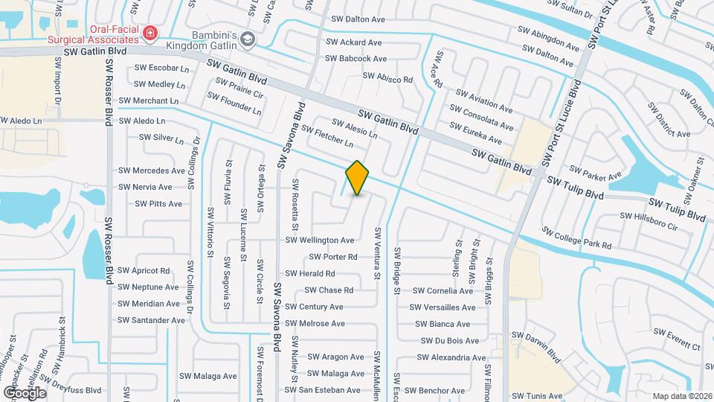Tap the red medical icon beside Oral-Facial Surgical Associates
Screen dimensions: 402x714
point(151,33)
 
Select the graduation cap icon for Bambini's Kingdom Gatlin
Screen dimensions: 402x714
point(247,39)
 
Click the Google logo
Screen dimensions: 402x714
point(24,392)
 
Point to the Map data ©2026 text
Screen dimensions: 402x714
point(682,396)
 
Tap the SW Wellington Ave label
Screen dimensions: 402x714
point(320,240)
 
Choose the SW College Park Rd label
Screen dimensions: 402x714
point(576,238)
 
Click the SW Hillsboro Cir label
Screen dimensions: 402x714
point(648,220)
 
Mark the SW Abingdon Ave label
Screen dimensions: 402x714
point(549,40)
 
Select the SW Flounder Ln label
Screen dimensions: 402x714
point(234,103)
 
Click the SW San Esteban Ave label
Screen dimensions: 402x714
point(323,389)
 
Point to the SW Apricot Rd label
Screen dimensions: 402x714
point(144,270)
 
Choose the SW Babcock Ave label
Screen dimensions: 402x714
point(356,58)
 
